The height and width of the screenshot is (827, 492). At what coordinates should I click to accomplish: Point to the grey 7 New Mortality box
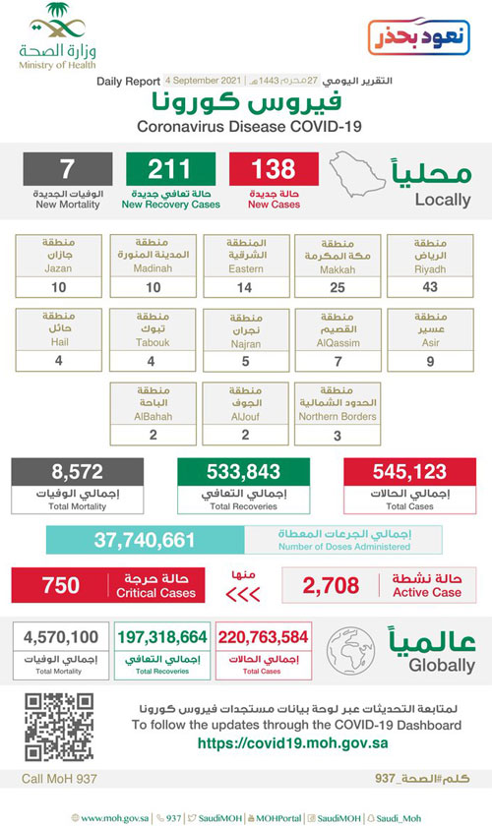coord(67,180)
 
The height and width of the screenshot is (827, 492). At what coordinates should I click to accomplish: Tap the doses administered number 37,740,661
coord(146,540)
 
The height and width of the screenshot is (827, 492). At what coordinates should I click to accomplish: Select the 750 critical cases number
coord(61,586)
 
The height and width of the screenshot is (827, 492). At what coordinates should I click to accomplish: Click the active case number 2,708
coord(329,586)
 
